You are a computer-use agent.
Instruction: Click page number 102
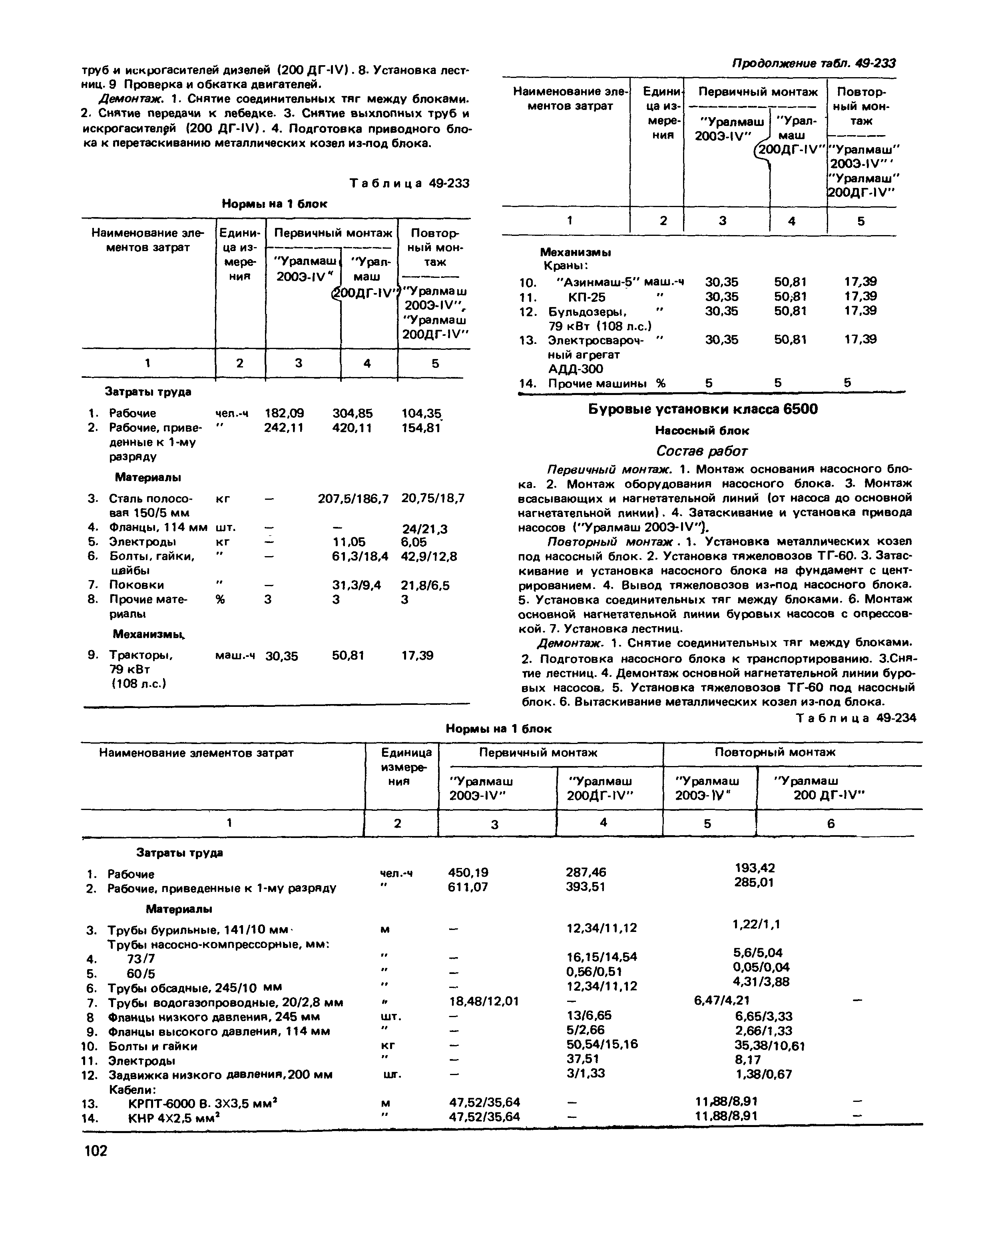point(95,1150)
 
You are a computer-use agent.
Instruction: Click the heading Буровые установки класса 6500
point(703,409)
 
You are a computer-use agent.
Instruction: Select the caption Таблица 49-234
point(856,718)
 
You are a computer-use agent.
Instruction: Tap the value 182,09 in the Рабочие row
point(285,413)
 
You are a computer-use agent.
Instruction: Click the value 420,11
point(352,428)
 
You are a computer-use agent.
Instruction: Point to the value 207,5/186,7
point(353,499)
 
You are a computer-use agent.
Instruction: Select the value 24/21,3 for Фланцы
point(424,529)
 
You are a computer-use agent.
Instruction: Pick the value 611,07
point(468,887)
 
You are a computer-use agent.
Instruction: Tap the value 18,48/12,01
point(484,1001)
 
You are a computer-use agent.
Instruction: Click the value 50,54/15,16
point(602,1044)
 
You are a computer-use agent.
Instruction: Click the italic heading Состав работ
point(701,451)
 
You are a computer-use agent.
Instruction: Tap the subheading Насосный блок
point(702,430)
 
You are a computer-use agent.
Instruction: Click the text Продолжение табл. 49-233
point(813,63)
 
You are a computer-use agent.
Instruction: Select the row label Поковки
point(136,585)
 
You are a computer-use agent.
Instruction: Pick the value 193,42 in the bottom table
point(755,868)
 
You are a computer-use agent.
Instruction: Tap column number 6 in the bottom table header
point(831,824)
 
